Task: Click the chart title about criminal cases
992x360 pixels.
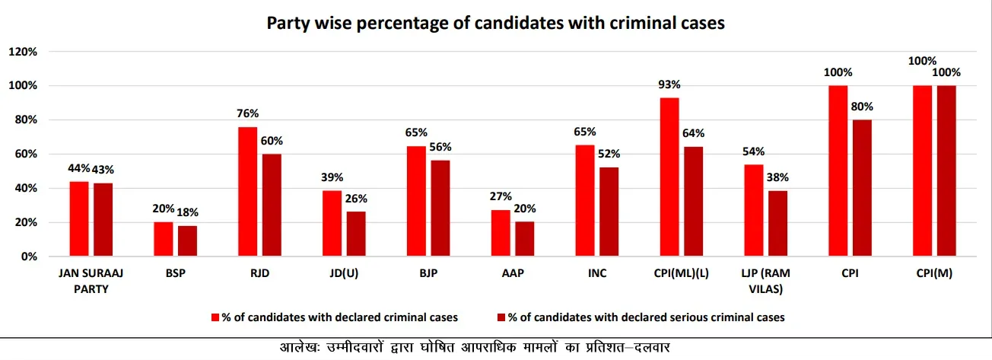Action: point(495,23)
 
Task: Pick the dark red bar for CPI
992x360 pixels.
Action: point(862,188)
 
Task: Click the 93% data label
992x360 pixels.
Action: point(669,84)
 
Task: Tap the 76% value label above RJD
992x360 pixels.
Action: point(247,113)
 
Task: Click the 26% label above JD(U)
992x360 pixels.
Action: point(356,199)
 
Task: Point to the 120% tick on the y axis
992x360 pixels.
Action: point(23,52)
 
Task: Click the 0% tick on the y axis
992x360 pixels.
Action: point(29,257)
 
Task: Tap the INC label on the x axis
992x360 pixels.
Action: point(596,273)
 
